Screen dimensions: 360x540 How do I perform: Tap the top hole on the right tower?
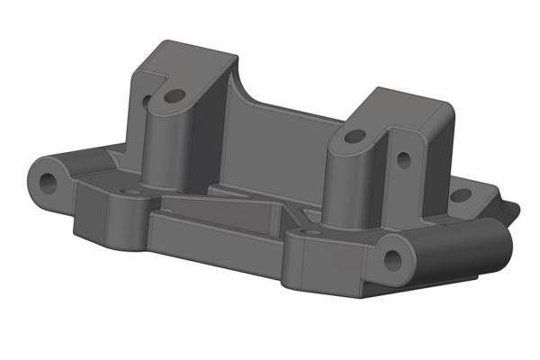[x=355, y=137]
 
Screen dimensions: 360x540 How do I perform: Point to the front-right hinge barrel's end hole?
[x=392, y=258]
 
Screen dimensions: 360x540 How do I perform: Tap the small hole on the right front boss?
[x=311, y=231]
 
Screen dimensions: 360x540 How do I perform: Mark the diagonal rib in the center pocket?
[x=225, y=214]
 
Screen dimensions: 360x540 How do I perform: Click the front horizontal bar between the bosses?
[x=216, y=241]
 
